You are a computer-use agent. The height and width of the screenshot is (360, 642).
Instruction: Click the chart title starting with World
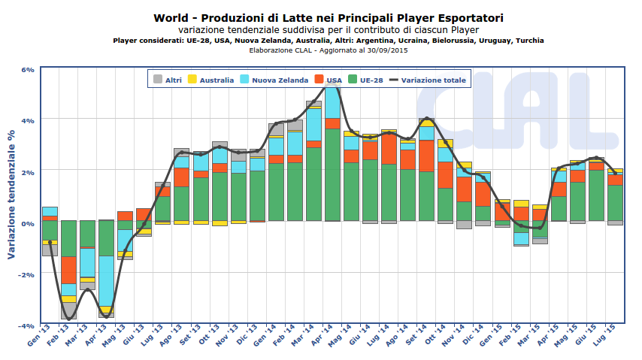(x=329, y=17)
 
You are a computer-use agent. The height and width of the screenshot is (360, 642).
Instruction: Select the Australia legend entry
(x=210, y=79)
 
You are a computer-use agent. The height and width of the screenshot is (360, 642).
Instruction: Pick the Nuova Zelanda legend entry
(x=272, y=79)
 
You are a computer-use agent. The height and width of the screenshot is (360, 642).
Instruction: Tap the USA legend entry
(x=328, y=79)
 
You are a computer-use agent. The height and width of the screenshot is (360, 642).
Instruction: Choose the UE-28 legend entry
(x=365, y=79)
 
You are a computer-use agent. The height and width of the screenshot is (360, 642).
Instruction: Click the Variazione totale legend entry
(x=427, y=79)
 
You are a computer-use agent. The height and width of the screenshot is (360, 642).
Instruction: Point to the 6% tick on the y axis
(x=27, y=69)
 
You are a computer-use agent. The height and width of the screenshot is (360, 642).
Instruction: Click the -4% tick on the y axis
(x=26, y=325)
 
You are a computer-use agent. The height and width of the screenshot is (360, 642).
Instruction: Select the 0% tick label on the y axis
(x=27, y=223)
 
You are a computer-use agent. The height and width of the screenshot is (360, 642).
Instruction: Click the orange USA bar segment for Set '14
(x=426, y=156)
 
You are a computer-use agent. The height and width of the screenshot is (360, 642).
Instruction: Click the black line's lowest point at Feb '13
(x=69, y=319)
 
